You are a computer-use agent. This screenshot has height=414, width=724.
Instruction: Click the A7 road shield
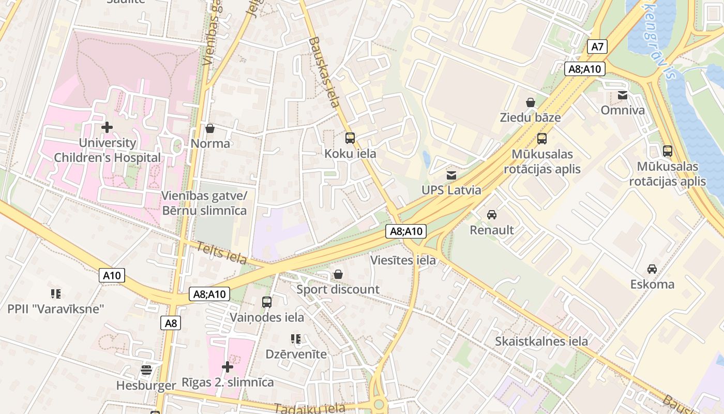[597, 47]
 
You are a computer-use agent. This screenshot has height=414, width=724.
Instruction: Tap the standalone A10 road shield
[112, 275]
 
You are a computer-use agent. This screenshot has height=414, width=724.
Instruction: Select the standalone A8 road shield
[171, 323]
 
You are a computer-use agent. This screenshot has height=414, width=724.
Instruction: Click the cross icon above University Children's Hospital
[107, 127]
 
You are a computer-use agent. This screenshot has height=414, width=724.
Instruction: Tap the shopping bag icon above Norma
[210, 128]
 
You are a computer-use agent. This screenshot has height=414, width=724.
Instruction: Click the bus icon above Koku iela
[350, 138]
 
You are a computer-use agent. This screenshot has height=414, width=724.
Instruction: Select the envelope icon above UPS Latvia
[451, 175]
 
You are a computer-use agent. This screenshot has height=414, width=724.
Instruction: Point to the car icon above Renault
[491, 214]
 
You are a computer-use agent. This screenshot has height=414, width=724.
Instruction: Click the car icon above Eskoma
[652, 269]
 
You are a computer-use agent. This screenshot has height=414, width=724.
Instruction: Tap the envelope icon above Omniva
[623, 95]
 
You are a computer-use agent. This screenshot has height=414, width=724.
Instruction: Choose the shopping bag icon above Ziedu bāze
[530, 102]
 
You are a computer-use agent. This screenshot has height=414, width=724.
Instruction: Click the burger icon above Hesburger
[146, 370]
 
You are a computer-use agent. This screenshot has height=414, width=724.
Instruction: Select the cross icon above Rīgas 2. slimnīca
[228, 367]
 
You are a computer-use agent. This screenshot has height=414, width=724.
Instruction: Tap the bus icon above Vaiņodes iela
[267, 302]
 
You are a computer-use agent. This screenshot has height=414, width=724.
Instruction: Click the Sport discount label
[338, 289]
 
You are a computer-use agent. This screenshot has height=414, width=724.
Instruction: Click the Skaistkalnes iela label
[541, 341]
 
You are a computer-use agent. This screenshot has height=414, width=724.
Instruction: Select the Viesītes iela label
[403, 260]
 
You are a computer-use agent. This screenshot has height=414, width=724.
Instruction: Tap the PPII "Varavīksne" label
[56, 309]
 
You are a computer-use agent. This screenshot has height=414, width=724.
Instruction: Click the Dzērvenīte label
[296, 354]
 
